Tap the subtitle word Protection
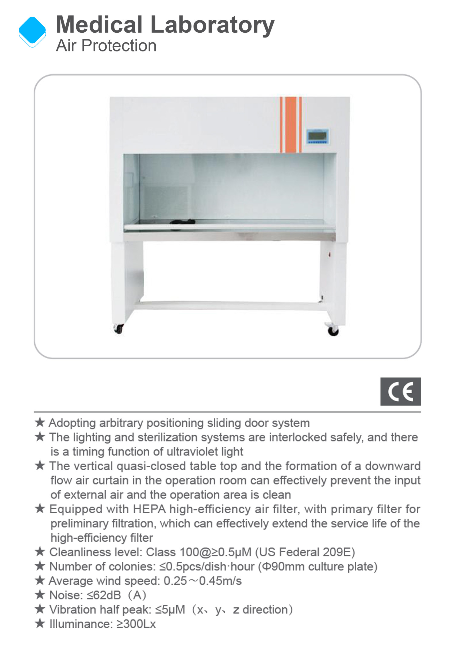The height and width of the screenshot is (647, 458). pyautogui.click(x=119, y=46)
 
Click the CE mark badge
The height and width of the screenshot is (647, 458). pyautogui.click(x=400, y=391)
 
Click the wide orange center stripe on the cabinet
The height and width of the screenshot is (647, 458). pyautogui.click(x=290, y=124)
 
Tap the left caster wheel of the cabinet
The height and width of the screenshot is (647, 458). pyautogui.click(x=118, y=328)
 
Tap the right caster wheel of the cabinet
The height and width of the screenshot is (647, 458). pyautogui.click(x=333, y=331)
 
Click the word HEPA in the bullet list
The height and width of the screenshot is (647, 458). pyautogui.click(x=149, y=509)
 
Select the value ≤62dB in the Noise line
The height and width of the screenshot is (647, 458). pyautogui.click(x=104, y=595)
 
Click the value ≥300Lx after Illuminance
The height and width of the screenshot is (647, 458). pyautogui.click(x=136, y=624)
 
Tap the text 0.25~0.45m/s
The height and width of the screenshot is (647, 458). pyautogui.click(x=202, y=581)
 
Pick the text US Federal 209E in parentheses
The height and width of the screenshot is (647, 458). pyautogui.click(x=305, y=552)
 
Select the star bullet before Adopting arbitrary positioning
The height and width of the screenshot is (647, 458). pyautogui.click(x=40, y=422)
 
